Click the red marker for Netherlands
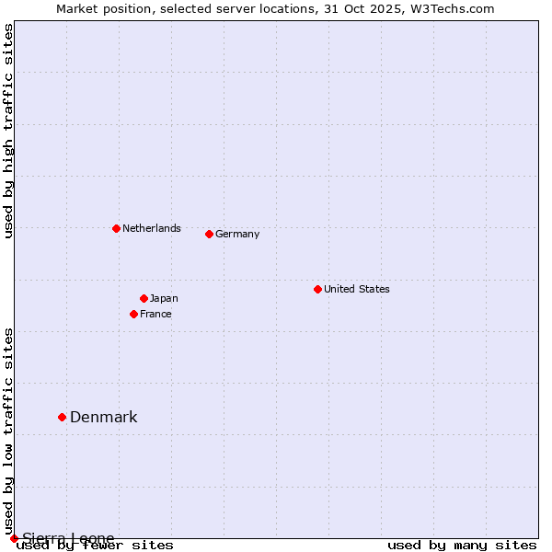pos(116,228)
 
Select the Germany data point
pos(209,234)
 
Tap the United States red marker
pos(317,289)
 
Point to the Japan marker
pos(144,298)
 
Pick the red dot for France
pos(133,314)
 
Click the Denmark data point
pos(62,417)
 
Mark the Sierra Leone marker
pos(14,538)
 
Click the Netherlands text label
pos(152,228)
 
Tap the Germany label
pos(237,234)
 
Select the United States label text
pos(357,289)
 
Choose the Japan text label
pos(164,298)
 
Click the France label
pos(155,314)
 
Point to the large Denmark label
pos(104,417)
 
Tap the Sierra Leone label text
pos(68,538)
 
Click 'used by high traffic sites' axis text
pos(8,131)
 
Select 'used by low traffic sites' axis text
pos(8,431)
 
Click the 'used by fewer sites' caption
pos(95,545)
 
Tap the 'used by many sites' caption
pos(462,545)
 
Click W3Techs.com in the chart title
pos(450,8)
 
